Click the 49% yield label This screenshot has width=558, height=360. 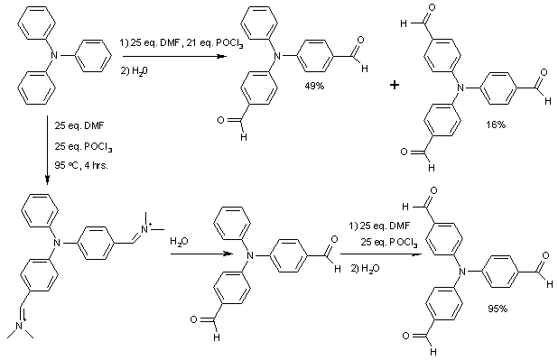point(314,86)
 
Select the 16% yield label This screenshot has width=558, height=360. point(496,125)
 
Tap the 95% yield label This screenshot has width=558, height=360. point(498,309)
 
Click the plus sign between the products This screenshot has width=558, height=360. point(395,85)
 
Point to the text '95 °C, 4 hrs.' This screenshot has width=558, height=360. point(80,165)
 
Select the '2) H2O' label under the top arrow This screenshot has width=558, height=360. point(134,71)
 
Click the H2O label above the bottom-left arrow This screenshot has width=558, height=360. point(179,242)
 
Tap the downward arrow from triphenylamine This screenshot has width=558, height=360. point(47,150)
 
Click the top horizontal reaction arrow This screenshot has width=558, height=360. point(174,57)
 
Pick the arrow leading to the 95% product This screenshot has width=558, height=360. point(381,254)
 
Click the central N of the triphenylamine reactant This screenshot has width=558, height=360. point(54,55)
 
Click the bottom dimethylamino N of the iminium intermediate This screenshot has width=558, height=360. point(20,325)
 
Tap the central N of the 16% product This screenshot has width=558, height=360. point(460,88)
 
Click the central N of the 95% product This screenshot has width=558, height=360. point(462,272)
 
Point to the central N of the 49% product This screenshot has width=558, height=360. point(278,56)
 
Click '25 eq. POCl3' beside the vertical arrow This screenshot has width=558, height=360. point(83,146)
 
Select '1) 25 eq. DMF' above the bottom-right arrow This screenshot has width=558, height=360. point(379,226)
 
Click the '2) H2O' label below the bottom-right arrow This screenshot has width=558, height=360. point(365,269)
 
